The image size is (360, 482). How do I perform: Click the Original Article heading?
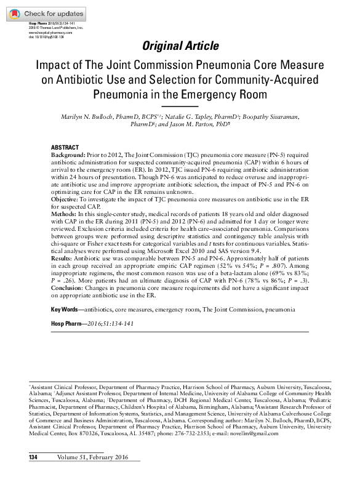coord(180,46)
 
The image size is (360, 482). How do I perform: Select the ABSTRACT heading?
coord(65,148)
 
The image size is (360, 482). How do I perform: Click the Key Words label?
coord(65,308)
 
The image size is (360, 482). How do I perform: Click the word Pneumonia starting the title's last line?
coord(123,95)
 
